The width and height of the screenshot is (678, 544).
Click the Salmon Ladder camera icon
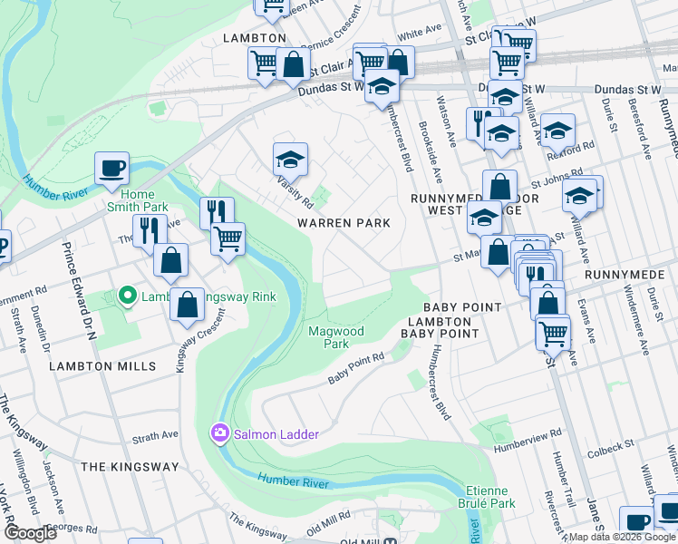click(x=219, y=434)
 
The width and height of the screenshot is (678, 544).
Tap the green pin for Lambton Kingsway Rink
click(x=128, y=296)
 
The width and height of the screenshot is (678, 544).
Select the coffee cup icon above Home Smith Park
click(x=111, y=168)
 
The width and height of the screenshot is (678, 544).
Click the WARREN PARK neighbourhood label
click(x=346, y=223)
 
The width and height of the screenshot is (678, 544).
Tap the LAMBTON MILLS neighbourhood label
click(x=102, y=366)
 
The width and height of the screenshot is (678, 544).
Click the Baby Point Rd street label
click(x=356, y=369)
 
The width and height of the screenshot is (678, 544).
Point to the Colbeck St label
click(x=608, y=446)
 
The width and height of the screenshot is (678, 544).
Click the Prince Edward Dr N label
click(x=78, y=287)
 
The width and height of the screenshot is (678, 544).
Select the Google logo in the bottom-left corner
click(x=30, y=533)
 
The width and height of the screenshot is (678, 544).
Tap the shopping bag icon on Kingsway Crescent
click(x=187, y=306)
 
